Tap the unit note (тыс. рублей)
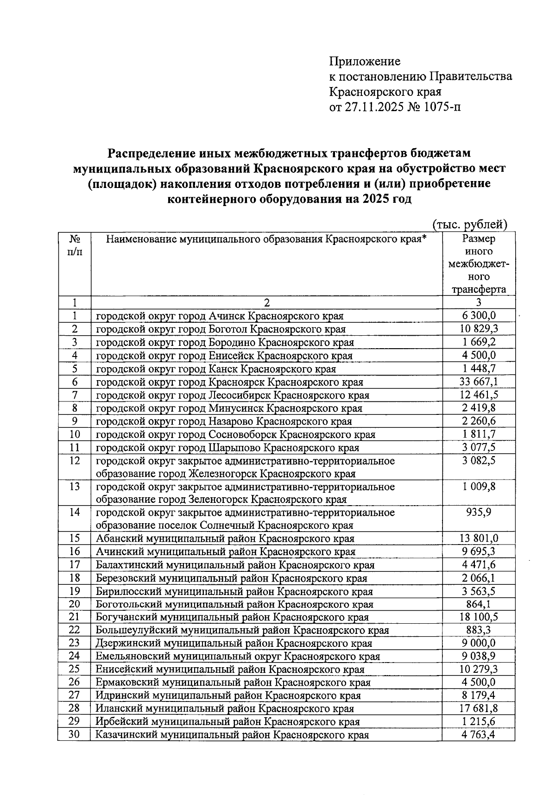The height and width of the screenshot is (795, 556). pos(470,225)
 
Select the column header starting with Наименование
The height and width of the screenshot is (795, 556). pos(266,239)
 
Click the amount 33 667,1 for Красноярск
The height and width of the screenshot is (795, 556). pos(479,382)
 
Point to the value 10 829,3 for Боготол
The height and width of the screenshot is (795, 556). pos(479,329)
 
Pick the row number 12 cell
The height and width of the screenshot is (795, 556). pos(74,461)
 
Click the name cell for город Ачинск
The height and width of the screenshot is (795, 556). pos(220,316)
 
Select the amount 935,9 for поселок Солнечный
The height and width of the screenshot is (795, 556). pos(479,513)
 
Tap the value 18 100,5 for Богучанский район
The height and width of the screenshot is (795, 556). pos(479,617)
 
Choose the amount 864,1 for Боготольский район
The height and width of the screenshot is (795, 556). pos(479,604)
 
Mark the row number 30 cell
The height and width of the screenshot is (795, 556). pos(74,735)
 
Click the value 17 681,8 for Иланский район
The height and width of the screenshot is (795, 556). pos(479,708)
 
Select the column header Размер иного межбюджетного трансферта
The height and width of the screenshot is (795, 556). pos(479,264)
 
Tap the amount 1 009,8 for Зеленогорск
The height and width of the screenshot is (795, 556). pos(479,487)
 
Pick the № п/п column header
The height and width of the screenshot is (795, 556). pos(74,245)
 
